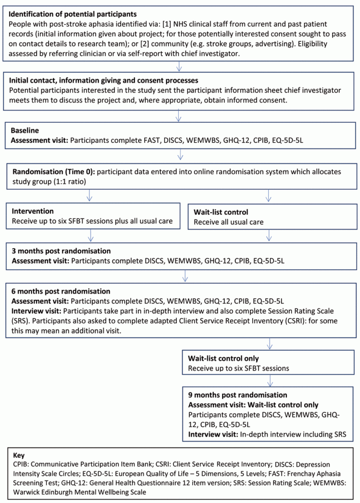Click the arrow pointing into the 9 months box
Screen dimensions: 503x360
pyautogui.click(x=269, y=380)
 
